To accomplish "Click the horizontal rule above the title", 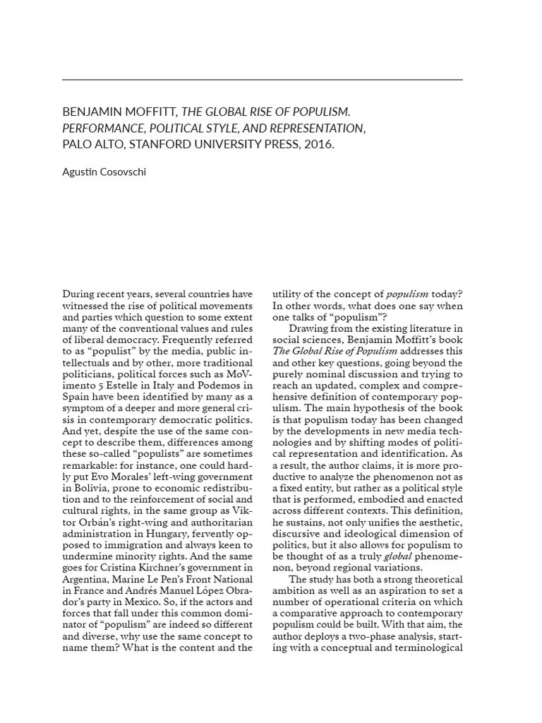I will click(x=263, y=80).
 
